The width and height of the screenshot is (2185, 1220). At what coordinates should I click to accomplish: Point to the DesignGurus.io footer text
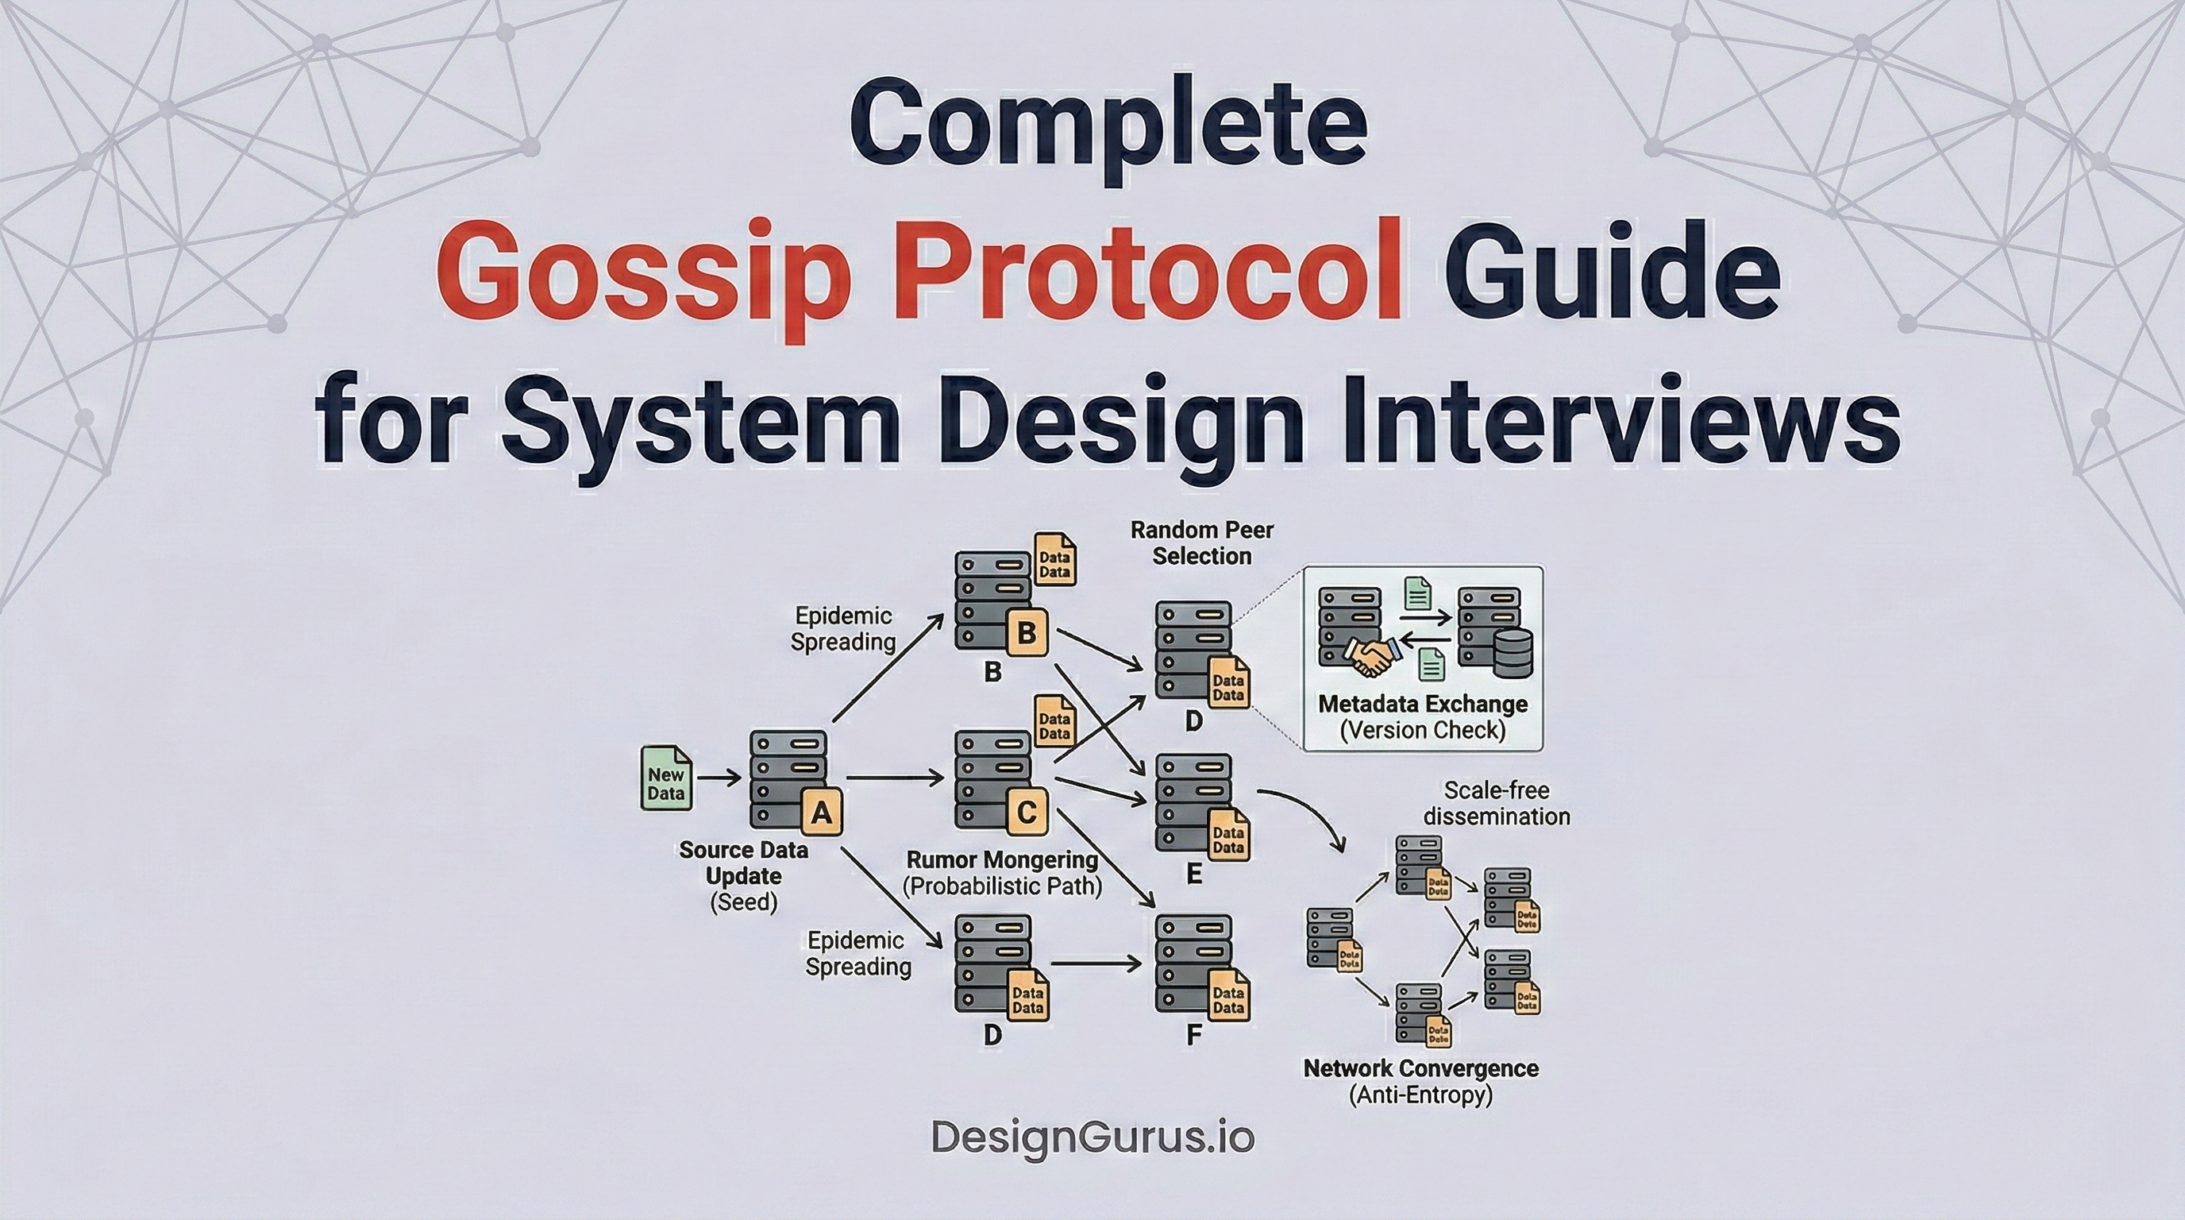coord(1092,1137)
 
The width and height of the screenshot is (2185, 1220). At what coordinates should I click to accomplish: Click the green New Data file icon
coord(666,778)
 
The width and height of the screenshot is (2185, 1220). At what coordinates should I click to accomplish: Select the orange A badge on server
coord(821,813)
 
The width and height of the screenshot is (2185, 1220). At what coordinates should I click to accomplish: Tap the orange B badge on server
coord(1027,633)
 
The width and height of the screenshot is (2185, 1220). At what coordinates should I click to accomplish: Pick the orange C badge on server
coord(1027,813)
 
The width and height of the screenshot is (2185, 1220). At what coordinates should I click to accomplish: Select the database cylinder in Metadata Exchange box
coord(1512,653)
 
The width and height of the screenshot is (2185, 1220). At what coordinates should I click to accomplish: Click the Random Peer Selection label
coord(1202,543)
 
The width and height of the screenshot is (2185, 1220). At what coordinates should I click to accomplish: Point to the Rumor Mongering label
coord(1003,860)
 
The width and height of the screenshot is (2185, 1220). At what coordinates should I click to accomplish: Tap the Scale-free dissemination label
coord(1497,804)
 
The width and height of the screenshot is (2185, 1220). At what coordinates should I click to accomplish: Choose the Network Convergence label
coord(1420,1068)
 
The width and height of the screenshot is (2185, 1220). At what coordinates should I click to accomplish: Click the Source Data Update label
coord(743,863)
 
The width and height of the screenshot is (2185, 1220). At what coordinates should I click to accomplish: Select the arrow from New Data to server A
coord(719,777)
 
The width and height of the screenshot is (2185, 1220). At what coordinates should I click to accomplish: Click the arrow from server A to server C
coord(895,777)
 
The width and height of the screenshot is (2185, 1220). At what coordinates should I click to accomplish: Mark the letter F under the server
coord(1193,1036)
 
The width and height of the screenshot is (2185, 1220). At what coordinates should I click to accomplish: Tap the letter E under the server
coord(1193,874)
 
